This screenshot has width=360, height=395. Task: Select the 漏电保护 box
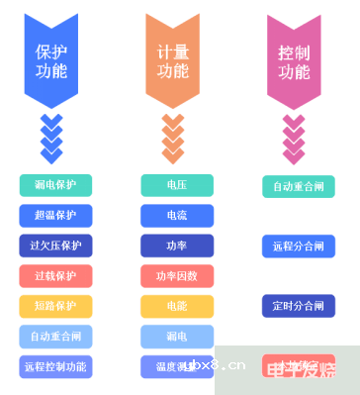[x=55, y=185]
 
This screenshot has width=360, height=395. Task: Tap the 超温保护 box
[x=55, y=215]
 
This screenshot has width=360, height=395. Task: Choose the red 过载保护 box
[x=55, y=275]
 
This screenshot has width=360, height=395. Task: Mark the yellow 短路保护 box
[x=55, y=306]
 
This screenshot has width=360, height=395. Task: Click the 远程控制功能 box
[x=55, y=366]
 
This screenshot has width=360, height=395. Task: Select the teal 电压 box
[x=177, y=185]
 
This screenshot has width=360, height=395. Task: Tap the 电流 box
[x=177, y=215]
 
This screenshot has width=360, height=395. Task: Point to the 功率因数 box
[x=177, y=275]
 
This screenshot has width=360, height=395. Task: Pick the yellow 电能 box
[x=177, y=306]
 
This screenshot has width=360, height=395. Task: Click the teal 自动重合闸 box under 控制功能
[x=298, y=186]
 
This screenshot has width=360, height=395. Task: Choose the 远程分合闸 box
[x=298, y=246]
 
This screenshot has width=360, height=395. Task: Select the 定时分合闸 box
[x=298, y=306]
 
